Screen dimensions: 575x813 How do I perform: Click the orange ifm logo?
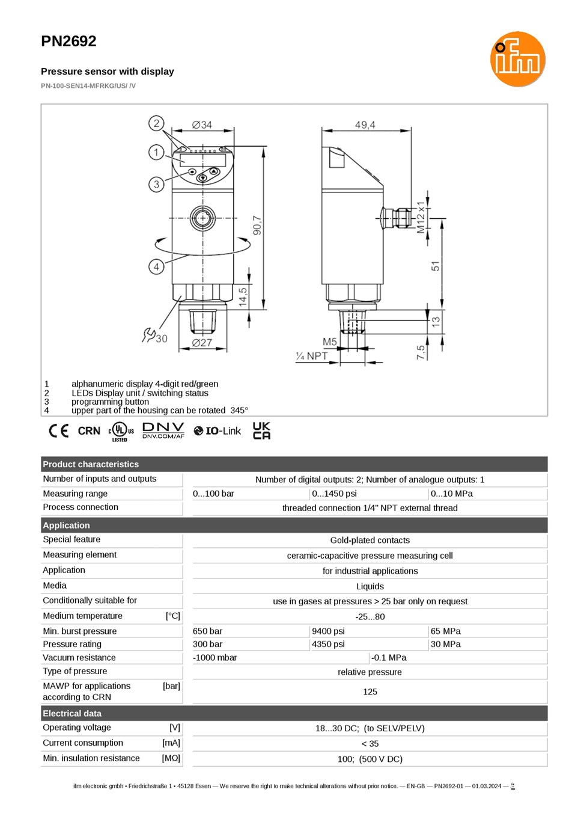click(x=517, y=59)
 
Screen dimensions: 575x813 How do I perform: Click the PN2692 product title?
click(x=68, y=41)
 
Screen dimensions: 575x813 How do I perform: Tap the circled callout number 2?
click(x=156, y=123)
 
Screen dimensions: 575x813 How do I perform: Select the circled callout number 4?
click(x=156, y=267)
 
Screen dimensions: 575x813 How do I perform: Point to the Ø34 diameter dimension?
click(x=202, y=125)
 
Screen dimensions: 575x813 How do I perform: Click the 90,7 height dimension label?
click(x=257, y=225)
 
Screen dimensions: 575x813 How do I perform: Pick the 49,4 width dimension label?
click(x=365, y=125)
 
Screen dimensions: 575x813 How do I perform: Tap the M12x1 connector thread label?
click(x=421, y=217)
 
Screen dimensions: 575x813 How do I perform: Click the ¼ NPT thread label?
click(x=311, y=356)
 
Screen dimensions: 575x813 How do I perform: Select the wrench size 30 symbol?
click(x=155, y=336)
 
